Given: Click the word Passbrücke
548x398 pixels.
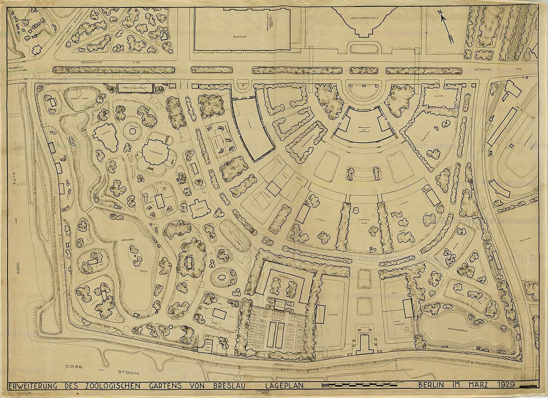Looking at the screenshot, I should click(15, 68).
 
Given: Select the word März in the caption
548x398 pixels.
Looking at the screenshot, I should click(479, 385).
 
